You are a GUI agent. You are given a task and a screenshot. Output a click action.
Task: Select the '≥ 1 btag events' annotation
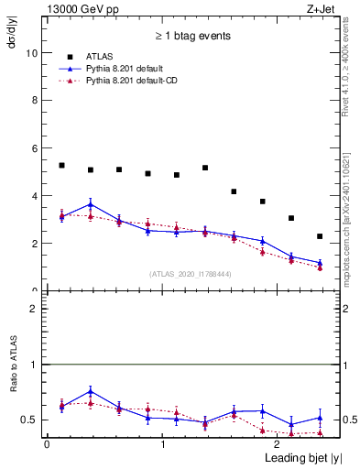click(x=192, y=37)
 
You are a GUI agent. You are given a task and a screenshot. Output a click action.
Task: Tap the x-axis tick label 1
click(x=163, y=444)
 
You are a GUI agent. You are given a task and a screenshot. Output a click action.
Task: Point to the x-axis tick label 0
click(x=46, y=444)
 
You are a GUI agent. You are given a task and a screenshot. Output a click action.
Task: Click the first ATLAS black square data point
click(x=61, y=165)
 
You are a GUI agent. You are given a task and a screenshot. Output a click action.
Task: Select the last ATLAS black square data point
click(x=320, y=236)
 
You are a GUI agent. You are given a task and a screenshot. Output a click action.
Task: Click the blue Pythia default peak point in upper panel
click(x=90, y=203)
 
